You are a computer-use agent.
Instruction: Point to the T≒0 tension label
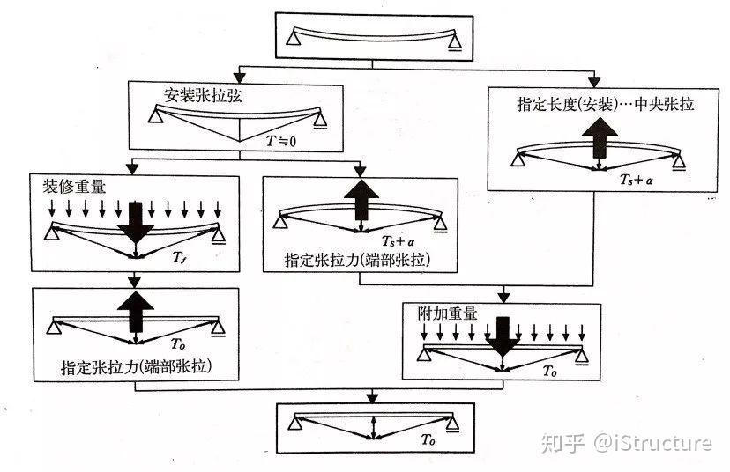(281, 138)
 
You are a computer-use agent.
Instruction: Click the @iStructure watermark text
(652, 442)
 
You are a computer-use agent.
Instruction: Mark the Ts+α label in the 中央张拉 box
(634, 178)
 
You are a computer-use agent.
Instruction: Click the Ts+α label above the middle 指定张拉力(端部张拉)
(396, 241)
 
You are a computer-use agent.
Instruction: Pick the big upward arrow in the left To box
(136, 311)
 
